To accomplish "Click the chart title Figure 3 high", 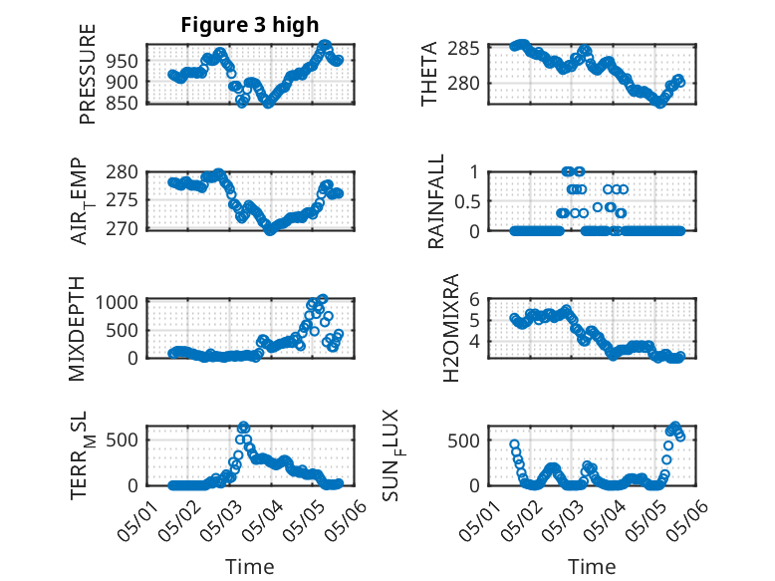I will tap(250, 25).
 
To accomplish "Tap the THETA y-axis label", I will tap(430, 73).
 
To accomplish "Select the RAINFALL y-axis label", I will tap(435, 201).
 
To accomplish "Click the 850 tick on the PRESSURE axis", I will tap(129, 102).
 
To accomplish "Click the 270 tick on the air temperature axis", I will tap(129, 229).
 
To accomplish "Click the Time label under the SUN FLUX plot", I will tap(592, 566).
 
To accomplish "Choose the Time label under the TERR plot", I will tap(250, 566).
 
